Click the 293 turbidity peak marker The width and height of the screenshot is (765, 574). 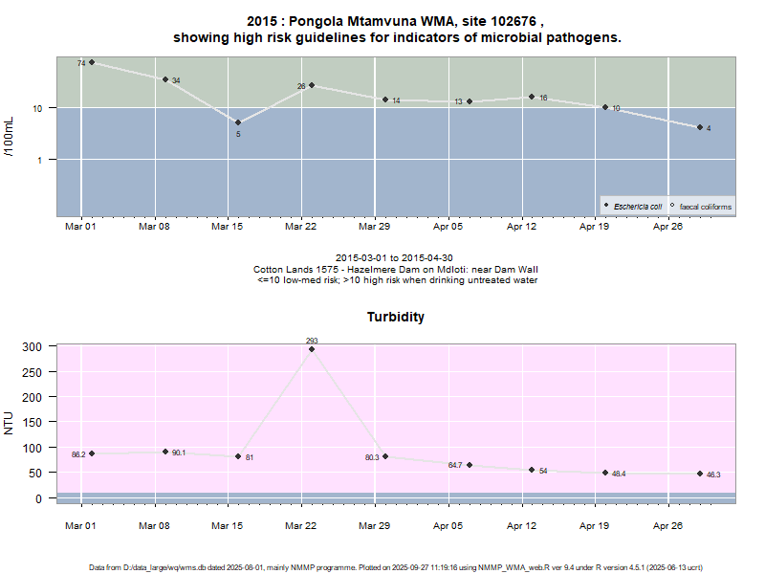tap(312, 349)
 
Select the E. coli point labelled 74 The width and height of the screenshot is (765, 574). tap(92, 62)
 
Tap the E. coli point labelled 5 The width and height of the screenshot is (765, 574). tap(238, 122)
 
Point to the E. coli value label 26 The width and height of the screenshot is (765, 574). tap(301, 86)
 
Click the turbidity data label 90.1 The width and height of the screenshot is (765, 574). tap(179, 453)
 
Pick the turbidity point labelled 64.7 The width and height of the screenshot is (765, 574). tap(470, 465)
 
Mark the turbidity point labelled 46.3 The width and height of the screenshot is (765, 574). tap(700, 474)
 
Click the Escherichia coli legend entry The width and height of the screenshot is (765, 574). tap(636, 206)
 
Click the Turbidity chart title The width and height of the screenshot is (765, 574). tap(396, 317)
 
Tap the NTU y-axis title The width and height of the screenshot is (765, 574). tap(11, 422)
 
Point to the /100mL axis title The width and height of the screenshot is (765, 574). tap(11, 136)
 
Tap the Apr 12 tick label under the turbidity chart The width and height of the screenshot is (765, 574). tap(521, 525)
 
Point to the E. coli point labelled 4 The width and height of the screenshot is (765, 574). tap(700, 127)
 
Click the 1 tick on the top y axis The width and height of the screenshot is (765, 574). tap(40, 160)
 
